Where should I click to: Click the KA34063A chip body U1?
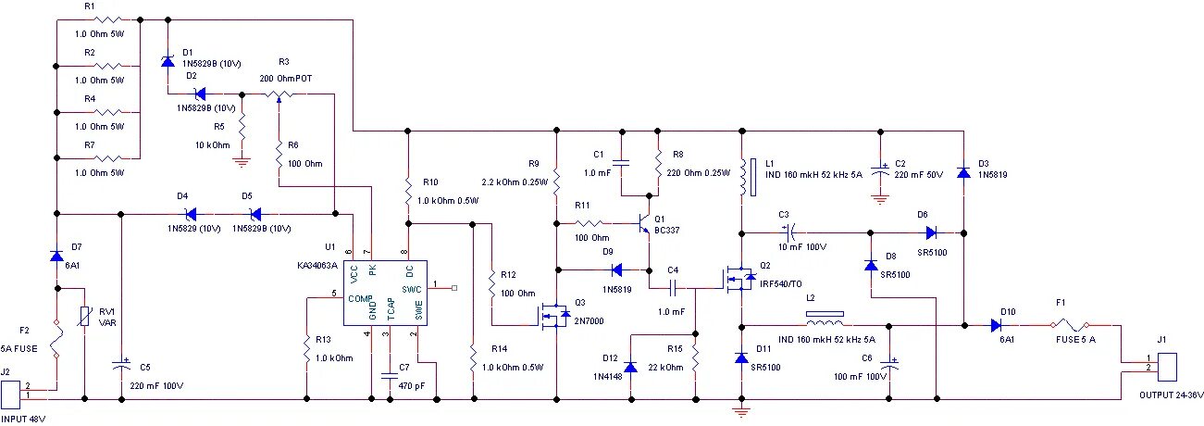(385, 293)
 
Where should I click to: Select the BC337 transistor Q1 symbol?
(643, 222)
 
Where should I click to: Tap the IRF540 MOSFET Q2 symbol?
(740, 279)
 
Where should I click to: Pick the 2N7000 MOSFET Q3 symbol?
(554, 317)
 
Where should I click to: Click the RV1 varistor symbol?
(84, 317)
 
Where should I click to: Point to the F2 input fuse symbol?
(56, 339)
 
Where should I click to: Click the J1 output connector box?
(1167, 367)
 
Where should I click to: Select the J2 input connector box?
(11, 395)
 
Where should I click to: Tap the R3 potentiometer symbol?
(279, 95)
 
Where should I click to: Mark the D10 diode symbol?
(996, 325)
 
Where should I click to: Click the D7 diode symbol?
(56, 256)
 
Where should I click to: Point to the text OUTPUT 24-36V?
(1171, 395)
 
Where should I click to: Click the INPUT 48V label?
(23, 419)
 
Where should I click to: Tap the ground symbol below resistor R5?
(242, 162)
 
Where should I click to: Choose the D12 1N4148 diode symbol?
(631, 367)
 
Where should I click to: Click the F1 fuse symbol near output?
(1069, 325)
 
